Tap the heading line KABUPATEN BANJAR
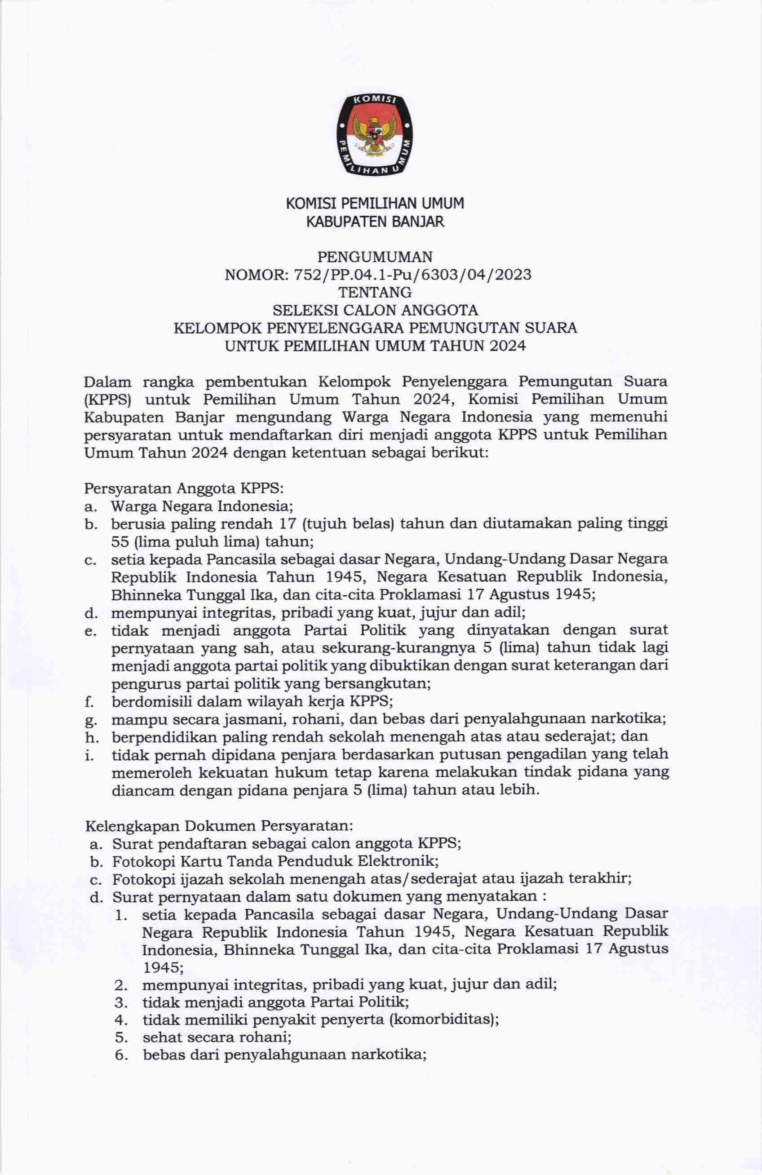click(x=375, y=222)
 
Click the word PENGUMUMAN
click(x=375, y=257)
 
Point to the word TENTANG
click(x=375, y=292)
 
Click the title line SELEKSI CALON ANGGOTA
click(x=375, y=310)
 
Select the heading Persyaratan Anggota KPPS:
click(x=184, y=488)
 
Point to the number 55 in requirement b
click(x=120, y=541)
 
